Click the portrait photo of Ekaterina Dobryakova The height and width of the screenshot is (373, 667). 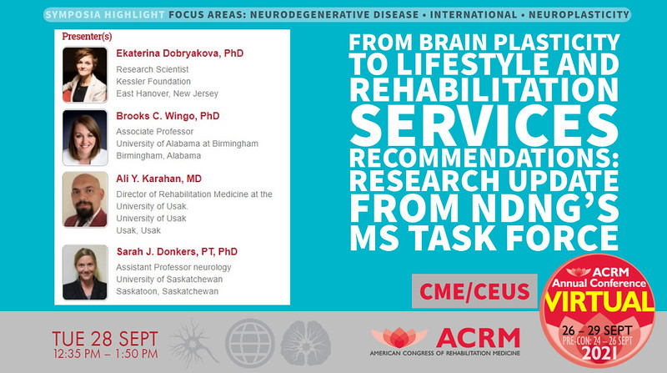click(84, 73)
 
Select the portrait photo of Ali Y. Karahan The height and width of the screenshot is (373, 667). click(84, 199)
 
